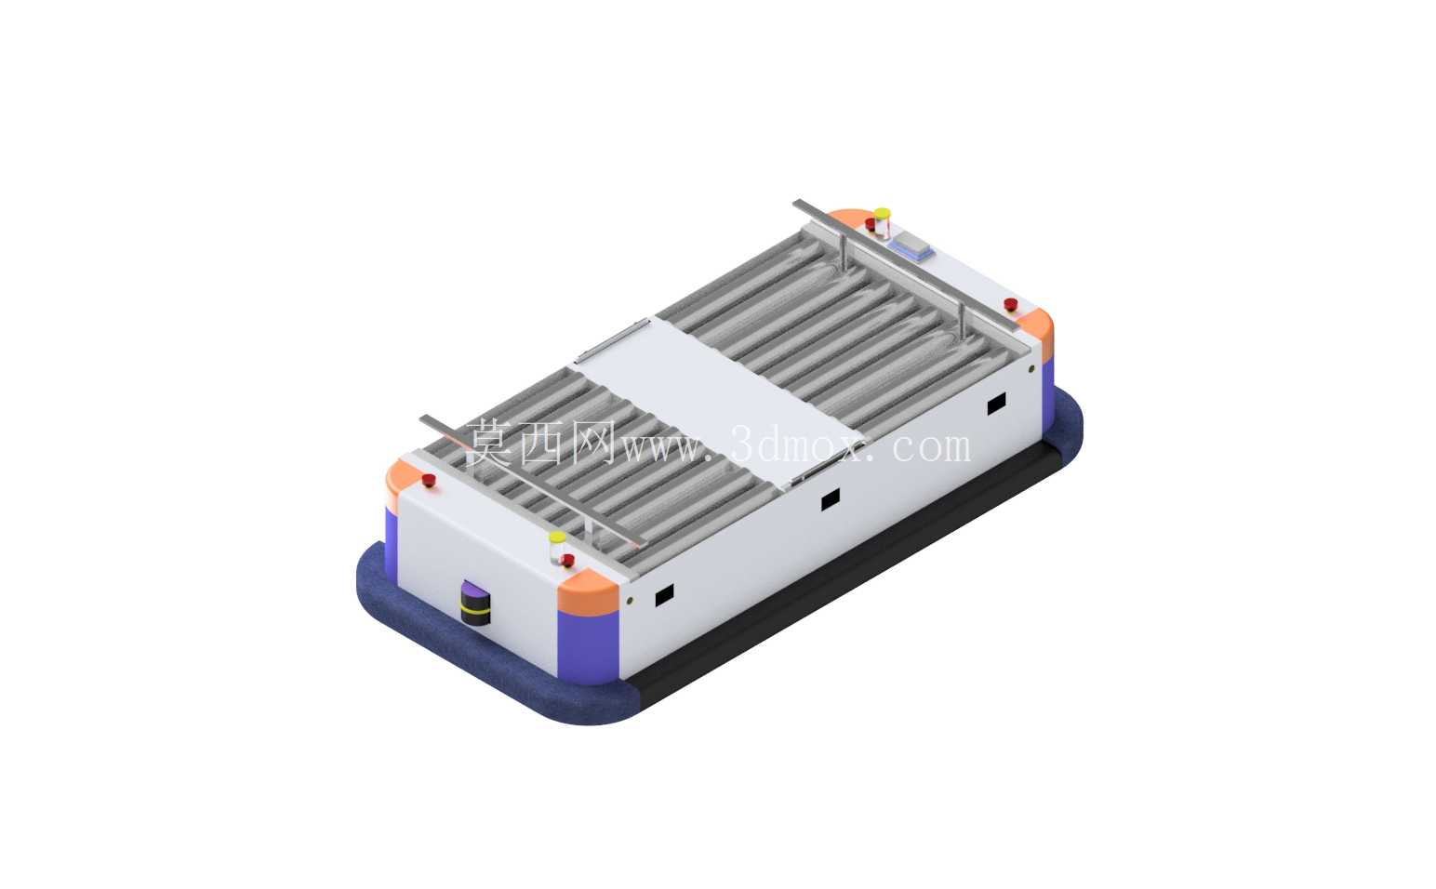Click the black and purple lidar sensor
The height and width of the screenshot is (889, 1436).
[x=475, y=602]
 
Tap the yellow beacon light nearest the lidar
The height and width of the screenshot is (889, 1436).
[x=557, y=547]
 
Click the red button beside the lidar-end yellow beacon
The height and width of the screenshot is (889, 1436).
[x=567, y=561]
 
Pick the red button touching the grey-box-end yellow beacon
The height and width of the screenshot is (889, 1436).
[x=871, y=224]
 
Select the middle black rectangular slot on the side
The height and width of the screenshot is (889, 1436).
[x=831, y=498]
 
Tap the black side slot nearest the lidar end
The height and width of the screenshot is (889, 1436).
[x=664, y=595]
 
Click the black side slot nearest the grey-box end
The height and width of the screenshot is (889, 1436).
[x=996, y=404]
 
